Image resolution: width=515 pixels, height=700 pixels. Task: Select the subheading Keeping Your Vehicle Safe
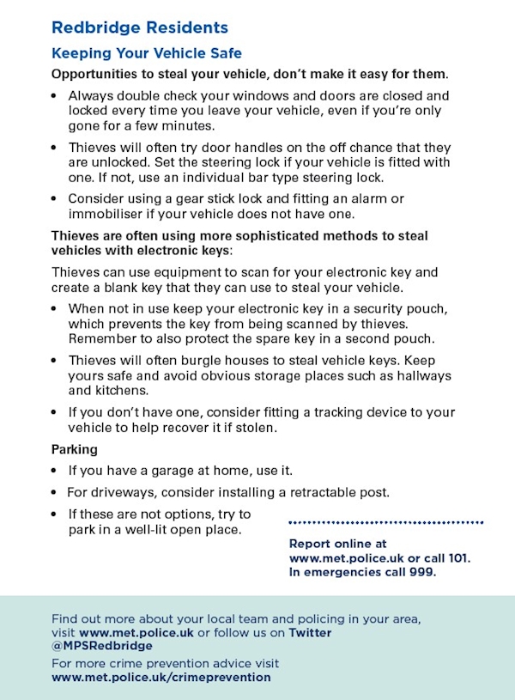pos(147,54)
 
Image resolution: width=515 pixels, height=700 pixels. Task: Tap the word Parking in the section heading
pos(75,449)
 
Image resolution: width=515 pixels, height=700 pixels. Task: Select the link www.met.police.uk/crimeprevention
pos(161,678)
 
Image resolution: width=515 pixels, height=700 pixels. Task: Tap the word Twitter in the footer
pos(310,633)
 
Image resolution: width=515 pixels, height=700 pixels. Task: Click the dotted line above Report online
pos(386,522)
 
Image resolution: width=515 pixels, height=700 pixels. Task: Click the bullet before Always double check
pos(55,97)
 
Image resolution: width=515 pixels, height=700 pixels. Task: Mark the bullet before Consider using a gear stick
pos(55,199)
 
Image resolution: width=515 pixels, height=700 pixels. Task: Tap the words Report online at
pos(338,545)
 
